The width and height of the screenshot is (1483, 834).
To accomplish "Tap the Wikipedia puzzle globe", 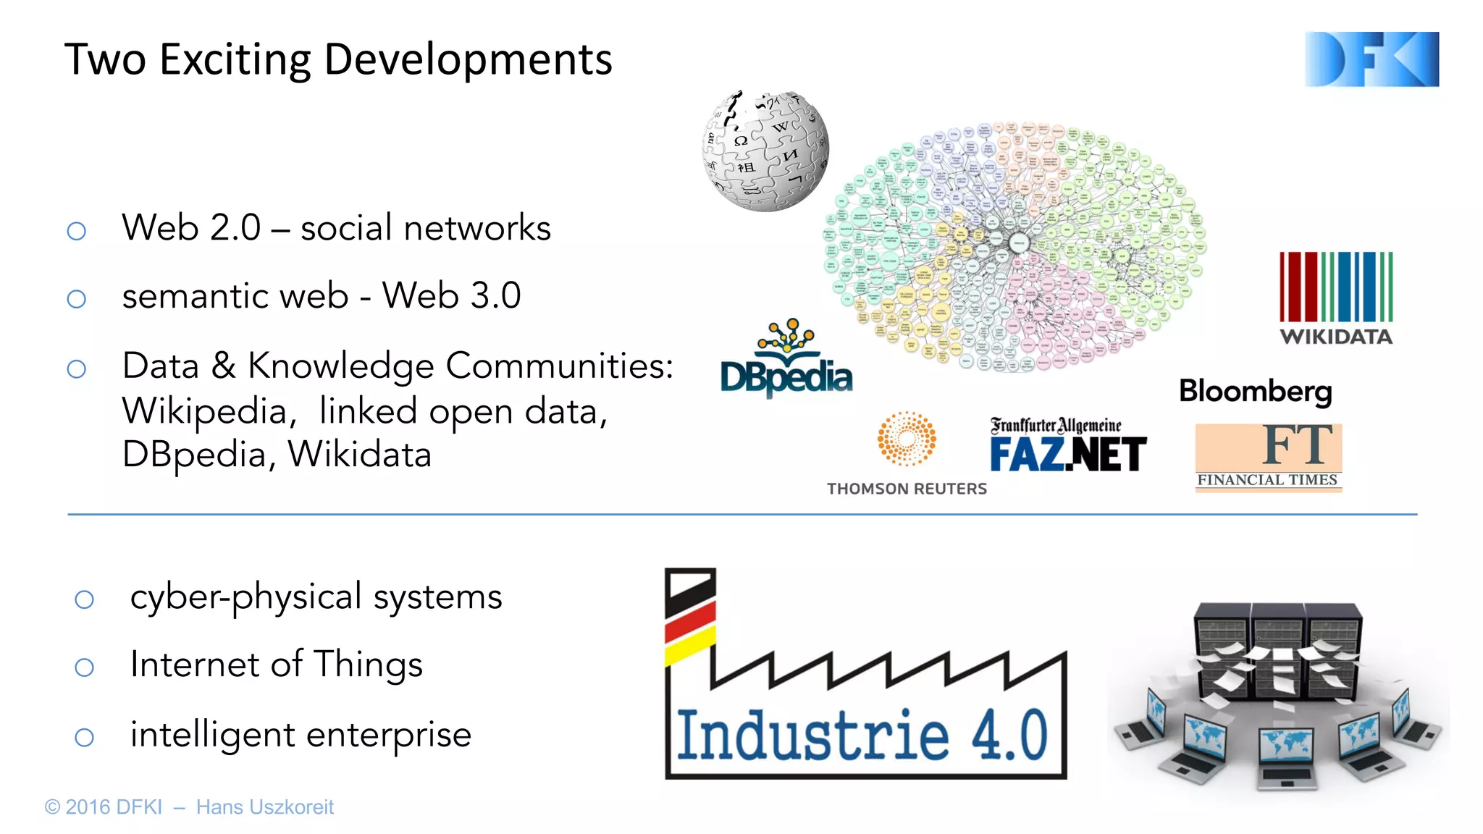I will (x=765, y=151).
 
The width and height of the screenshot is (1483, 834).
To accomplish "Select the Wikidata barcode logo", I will (x=1335, y=288).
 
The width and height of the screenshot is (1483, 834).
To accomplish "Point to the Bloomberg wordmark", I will (x=1255, y=392).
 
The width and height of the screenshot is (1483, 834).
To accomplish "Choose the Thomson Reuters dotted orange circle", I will (x=907, y=439).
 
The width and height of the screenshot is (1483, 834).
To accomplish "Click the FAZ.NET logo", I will (x=1068, y=446).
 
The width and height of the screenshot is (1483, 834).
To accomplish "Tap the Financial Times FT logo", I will (x=1268, y=457).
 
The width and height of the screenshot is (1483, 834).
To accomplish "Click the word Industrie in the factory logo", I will (x=812, y=736).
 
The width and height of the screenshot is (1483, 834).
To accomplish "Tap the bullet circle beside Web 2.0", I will (x=77, y=231).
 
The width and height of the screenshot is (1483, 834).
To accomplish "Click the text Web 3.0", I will (x=451, y=296).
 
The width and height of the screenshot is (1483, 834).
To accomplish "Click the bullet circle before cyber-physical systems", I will (x=85, y=599).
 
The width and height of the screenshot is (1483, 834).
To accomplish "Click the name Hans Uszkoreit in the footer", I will (x=264, y=807).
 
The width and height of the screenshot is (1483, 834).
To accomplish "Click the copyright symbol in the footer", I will (x=52, y=807).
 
